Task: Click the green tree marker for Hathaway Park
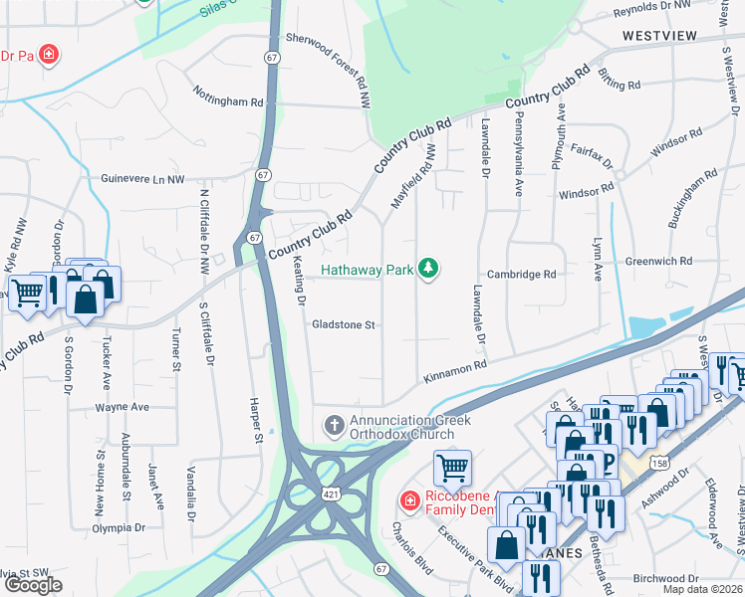428,269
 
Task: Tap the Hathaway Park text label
366,269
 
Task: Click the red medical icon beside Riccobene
408,499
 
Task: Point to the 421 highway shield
328,495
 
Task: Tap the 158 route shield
659,464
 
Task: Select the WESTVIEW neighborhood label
659,35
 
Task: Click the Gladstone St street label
343,324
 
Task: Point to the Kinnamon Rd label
455,371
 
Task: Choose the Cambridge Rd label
521,275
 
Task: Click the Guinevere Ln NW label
143,179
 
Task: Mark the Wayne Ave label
122,407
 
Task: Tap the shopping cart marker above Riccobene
453,466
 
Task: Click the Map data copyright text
702,589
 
